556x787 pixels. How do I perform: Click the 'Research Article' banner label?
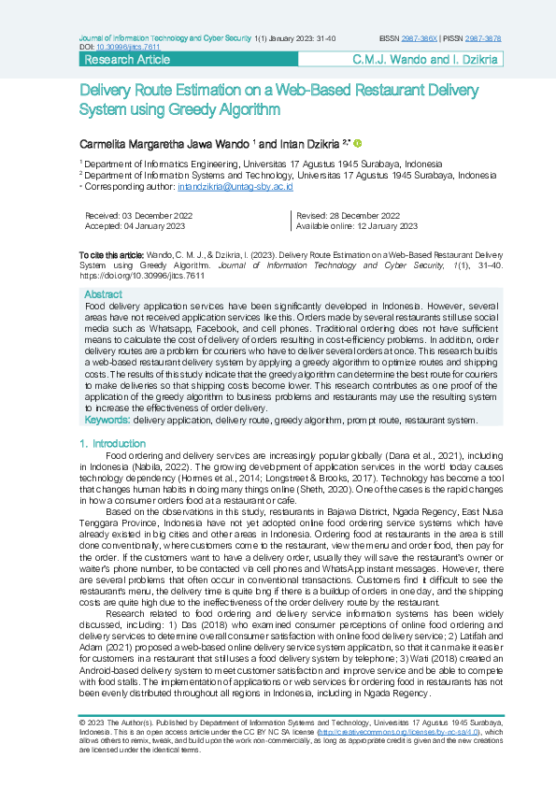pos(127,60)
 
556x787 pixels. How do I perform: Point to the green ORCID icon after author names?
pos(357,143)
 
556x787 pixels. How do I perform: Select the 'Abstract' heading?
pos(103,294)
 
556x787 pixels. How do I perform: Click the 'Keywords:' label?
pos(107,421)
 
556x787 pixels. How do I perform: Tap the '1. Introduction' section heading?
pos(113,443)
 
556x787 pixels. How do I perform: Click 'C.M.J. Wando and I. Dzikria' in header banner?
pos(426,60)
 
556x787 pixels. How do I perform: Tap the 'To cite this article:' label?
pos(111,254)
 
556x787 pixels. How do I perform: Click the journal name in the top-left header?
pos(164,38)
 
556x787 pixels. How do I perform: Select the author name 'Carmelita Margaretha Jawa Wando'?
pos(163,145)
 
